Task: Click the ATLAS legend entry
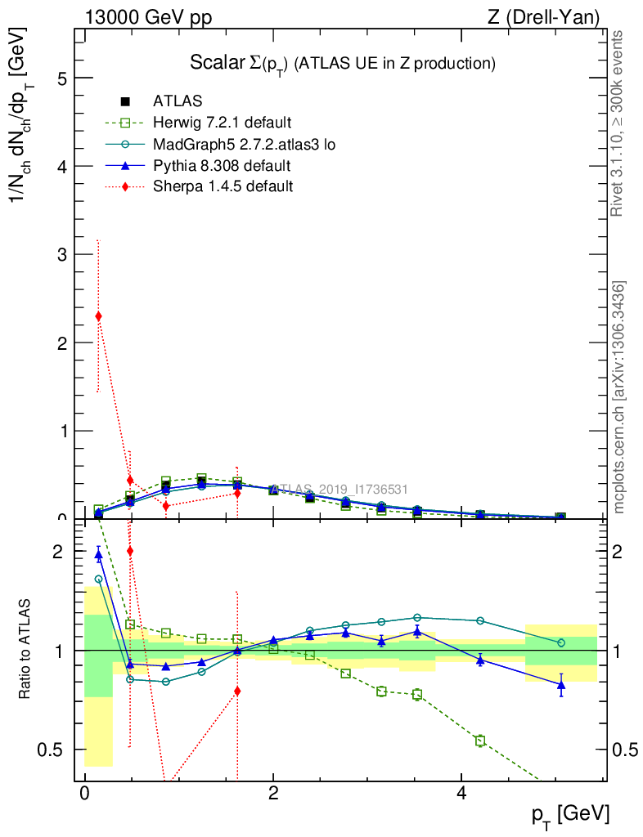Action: click(177, 102)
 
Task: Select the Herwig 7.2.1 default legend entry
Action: click(221, 123)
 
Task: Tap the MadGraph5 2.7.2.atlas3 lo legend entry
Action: click(244, 145)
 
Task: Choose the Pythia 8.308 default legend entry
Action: click(221, 166)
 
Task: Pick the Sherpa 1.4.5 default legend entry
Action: click(223, 187)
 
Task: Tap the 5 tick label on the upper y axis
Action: click(61, 78)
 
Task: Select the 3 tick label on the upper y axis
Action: click(61, 255)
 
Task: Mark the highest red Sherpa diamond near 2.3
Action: click(98, 316)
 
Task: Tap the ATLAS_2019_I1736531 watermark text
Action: click(338, 489)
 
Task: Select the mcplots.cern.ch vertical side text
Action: click(619, 397)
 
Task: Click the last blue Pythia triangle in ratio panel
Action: click(561, 685)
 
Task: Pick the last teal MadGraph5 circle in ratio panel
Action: click(561, 643)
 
